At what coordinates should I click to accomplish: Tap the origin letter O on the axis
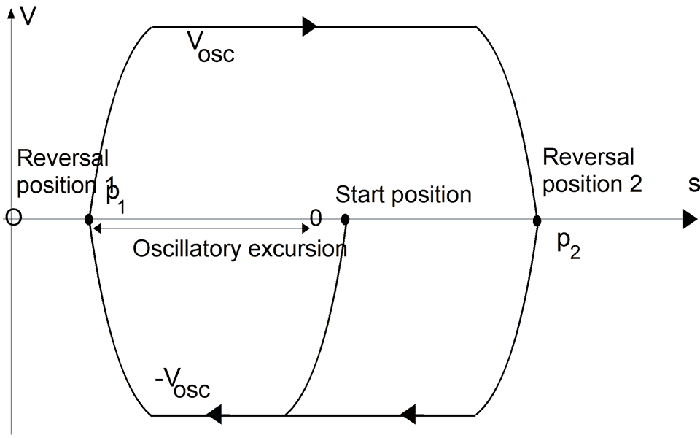pyautogui.click(x=13, y=218)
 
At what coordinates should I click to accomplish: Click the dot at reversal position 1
pyautogui.click(x=88, y=219)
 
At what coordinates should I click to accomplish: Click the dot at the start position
pyautogui.click(x=345, y=218)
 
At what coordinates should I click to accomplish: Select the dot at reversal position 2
pyautogui.click(x=537, y=219)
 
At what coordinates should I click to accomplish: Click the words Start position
pyautogui.click(x=403, y=195)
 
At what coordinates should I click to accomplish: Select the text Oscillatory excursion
pyautogui.click(x=239, y=250)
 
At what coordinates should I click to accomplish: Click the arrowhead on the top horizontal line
pyautogui.click(x=309, y=27)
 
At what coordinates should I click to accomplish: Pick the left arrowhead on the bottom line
pyautogui.click(x=213, y=415)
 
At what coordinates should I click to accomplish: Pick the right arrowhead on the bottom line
pyautogui.click(x=408, y=415)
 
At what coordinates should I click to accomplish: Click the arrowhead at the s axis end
pyautogui.click(x=689, y=219)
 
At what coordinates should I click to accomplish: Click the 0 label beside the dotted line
pyautogui.click(x=315, y=217)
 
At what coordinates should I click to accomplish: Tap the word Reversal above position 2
pyautogui.click(x=588, y=157)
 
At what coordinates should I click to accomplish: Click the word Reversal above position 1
pyautogui.click(x=63, y=158)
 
